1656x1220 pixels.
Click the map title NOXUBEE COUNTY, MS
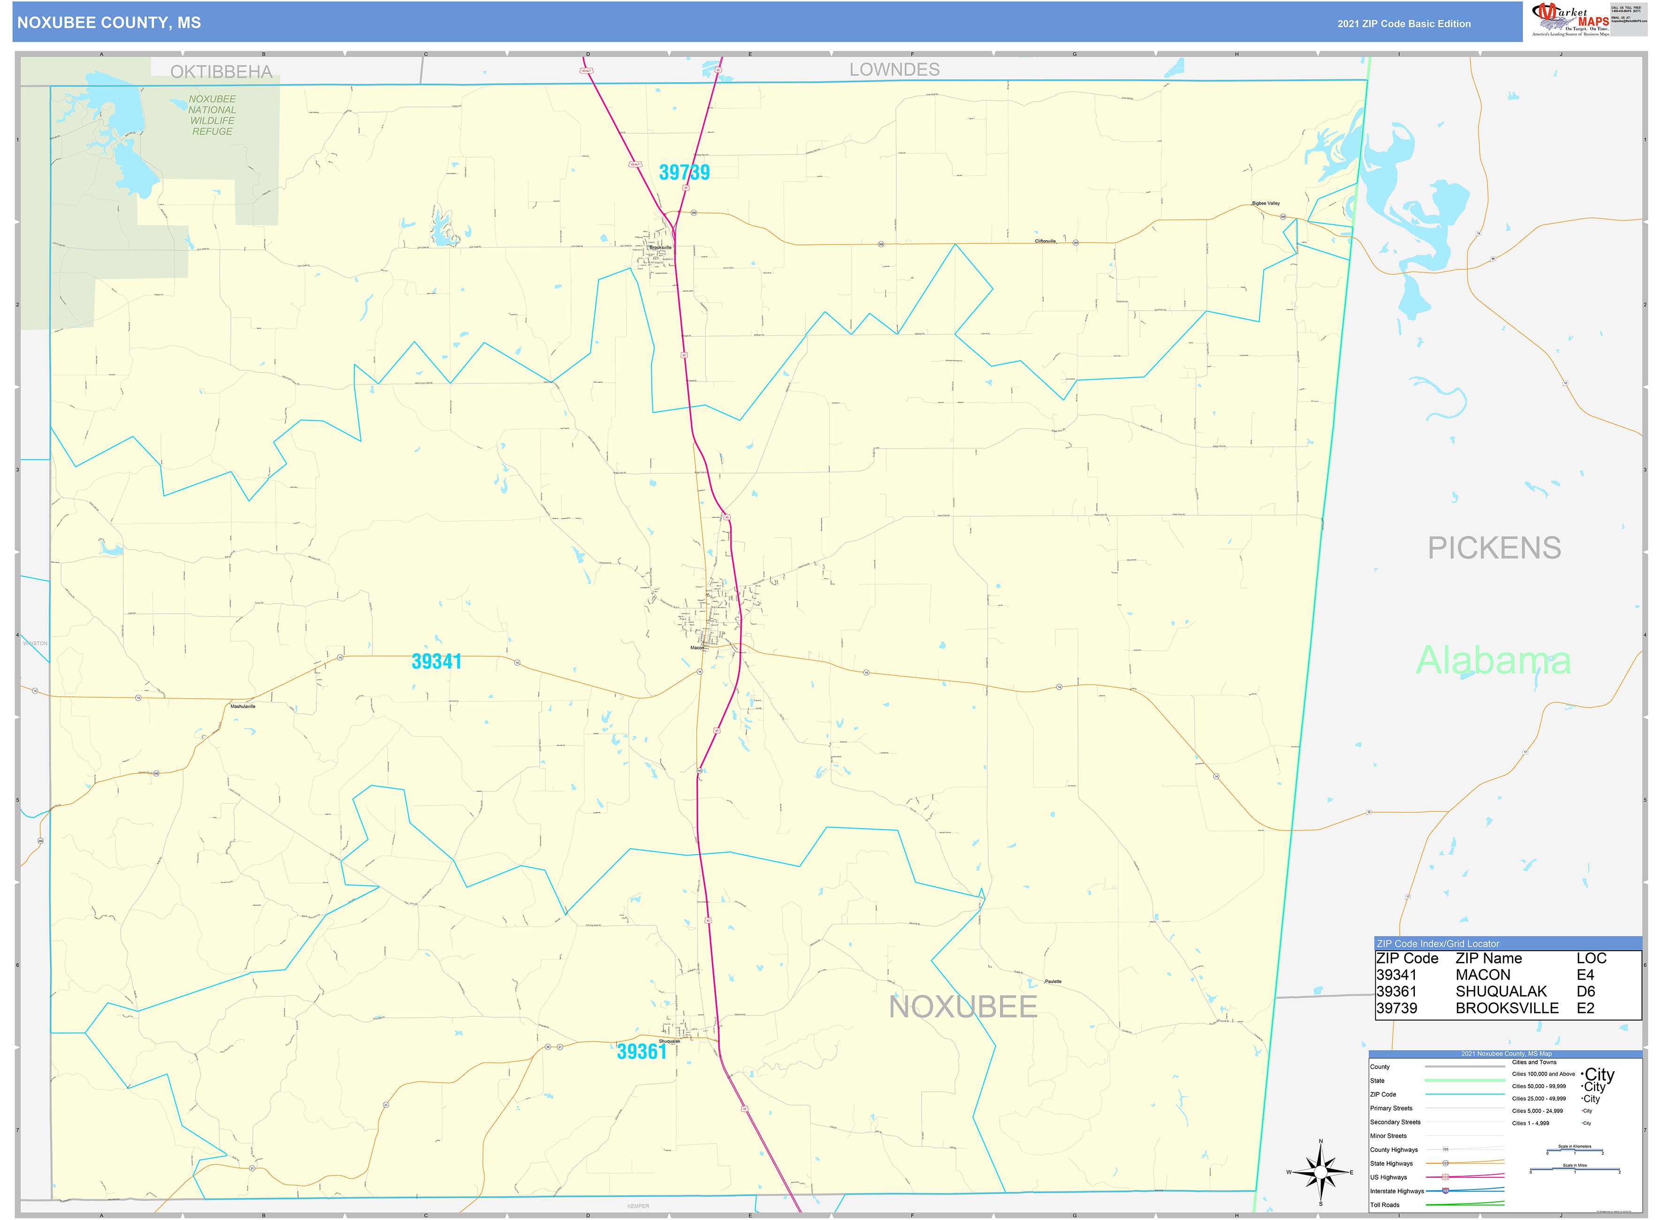click(108, 23)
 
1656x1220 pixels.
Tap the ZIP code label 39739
click(684, 172)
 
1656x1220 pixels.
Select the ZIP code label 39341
click(436, 661)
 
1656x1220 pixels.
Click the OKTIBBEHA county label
click(221, 72)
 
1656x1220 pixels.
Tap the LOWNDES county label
click(894, 69)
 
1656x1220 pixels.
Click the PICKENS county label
click(1494, 548)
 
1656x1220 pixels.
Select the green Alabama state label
click(1492, 660)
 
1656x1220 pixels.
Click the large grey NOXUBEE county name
click(962, 1006)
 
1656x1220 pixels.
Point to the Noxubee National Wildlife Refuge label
click(212, 115)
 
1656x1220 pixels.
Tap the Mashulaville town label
click(243, 706)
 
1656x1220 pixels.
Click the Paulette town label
click(1053, 982)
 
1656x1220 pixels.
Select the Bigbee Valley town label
click(1265, 203)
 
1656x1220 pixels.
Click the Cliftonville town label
click(1045, 241)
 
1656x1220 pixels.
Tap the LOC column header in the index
click(1591, 958)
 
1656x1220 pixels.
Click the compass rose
click(1320, 1172)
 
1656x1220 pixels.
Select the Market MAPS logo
click(1570, 19)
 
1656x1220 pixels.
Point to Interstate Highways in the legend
click(1397, 1191)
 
